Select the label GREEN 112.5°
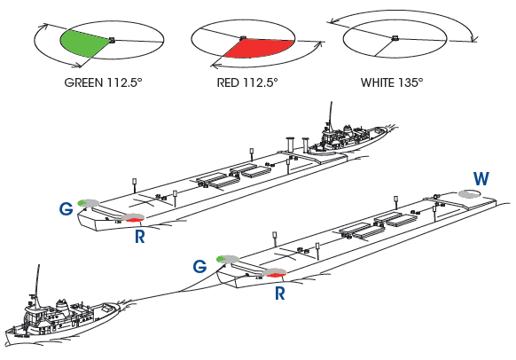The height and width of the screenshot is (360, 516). pos(103,82)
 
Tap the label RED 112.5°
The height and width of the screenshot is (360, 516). pos(247,82)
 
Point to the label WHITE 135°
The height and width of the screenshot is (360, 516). pos(392,82)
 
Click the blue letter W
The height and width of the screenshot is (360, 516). pos(481,179)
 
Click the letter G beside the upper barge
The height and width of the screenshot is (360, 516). pos(66,208)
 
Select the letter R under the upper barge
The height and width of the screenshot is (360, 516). pos(140,236)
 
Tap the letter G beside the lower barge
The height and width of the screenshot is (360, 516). pos(199,266)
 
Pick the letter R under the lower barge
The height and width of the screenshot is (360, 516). pos(279,293)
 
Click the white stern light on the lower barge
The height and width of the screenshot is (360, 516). pos(469,194)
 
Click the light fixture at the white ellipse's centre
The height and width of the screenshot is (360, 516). pos(395,38)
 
